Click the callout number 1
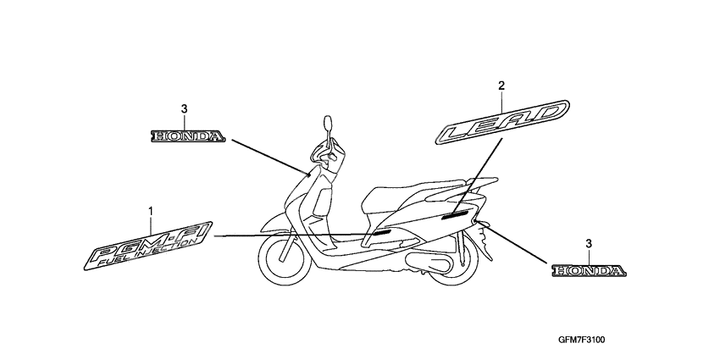tap(150, 211)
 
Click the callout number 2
tap(501, 86)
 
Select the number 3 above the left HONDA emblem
tap(184, 109)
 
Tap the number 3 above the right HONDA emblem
tap(590, 244)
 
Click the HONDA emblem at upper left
tap(188, 136)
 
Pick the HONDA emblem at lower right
tap(590, 271)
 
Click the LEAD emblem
tap(502, 122)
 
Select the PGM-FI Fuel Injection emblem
tap(148, 246)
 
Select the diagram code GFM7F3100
tap(581, 341)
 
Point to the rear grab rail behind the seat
tap(478, 184)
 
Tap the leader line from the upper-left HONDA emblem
tap(270, 157)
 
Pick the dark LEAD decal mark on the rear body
tap(456, 214)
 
